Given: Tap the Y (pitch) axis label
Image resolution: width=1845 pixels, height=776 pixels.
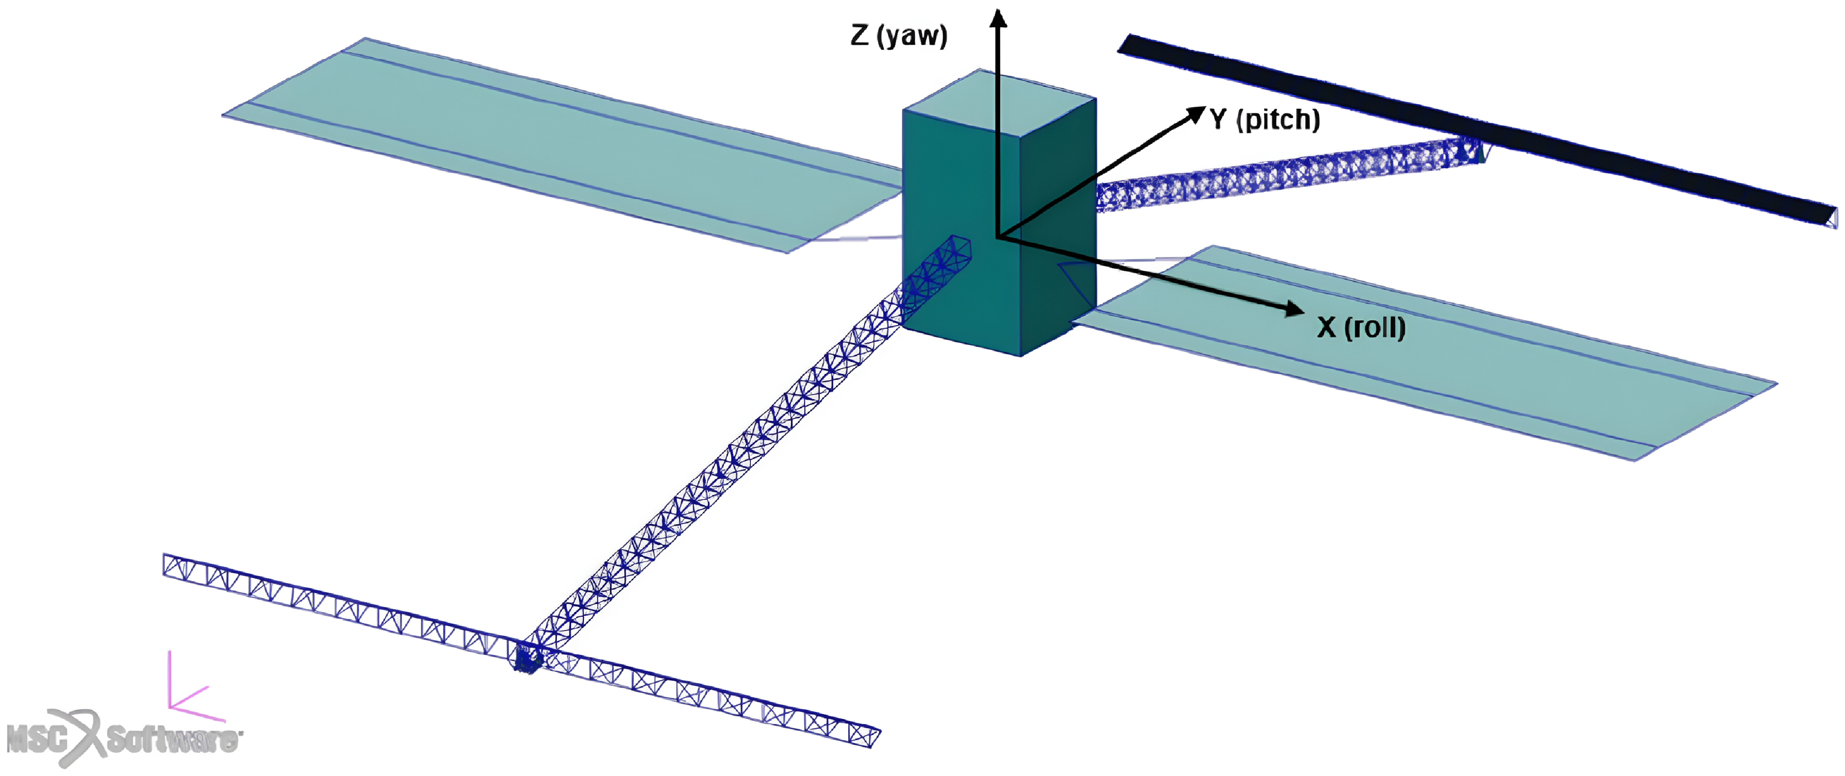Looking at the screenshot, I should click(1265, 119).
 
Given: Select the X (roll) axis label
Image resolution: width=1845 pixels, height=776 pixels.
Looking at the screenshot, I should click(1361, 327).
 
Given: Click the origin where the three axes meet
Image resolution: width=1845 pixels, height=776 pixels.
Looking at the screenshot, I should click(998, 236).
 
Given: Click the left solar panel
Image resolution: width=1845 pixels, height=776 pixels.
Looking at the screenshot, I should click(559, 143).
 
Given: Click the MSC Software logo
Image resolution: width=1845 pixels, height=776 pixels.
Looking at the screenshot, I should click(122, 738).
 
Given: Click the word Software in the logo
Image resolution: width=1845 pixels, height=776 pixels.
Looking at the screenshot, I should click(172, 740).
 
